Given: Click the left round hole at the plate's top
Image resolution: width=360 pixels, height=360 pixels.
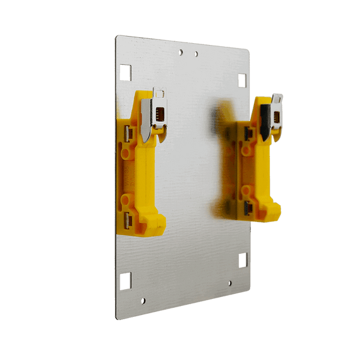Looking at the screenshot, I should point(181,52).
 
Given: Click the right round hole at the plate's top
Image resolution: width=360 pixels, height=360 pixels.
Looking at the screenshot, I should point(196,54).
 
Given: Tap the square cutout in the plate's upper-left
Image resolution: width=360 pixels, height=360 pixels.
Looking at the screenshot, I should point(125,72).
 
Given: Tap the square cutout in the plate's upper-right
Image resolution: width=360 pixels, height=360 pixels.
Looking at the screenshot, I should point(242,80).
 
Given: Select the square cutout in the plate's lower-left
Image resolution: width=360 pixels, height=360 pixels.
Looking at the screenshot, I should point(125,280).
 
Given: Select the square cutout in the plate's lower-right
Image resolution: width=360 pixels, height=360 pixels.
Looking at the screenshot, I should point(243,260).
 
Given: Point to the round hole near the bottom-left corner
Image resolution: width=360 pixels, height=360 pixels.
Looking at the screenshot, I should point(142,300).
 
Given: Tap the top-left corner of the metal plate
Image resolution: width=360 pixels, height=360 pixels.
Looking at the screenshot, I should point(118,36).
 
